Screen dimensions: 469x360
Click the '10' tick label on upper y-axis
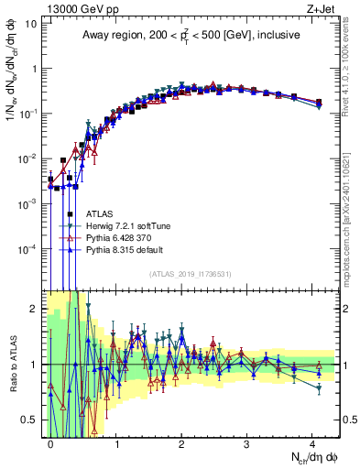30,23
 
